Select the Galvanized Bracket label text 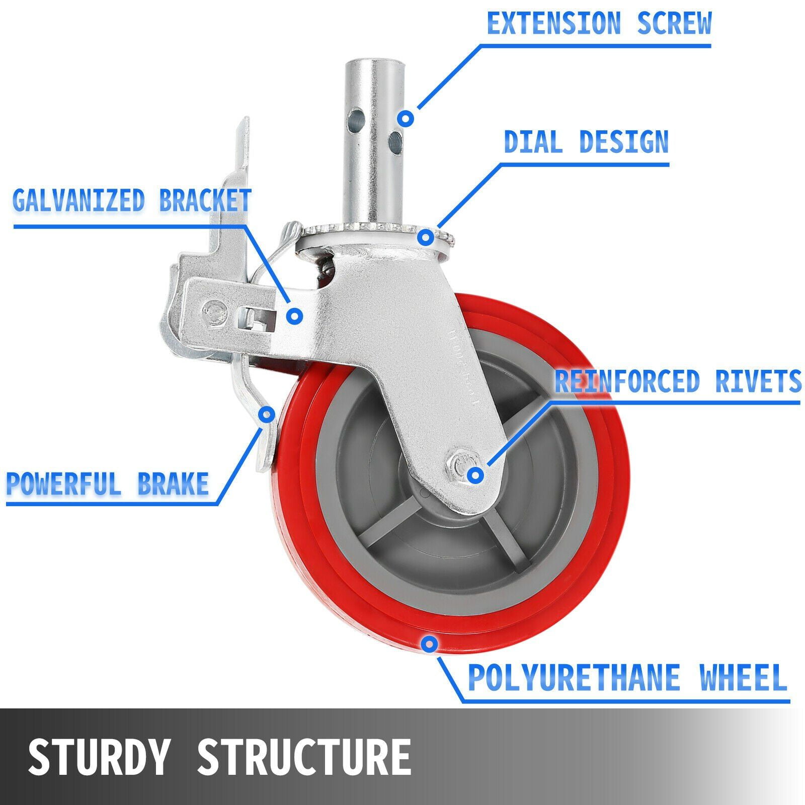(x=132, y=200)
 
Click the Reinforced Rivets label (x=677, y=381)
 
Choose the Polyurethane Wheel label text (x=627, y=677)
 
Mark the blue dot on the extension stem (x=406, y=119)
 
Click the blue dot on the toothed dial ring (x=426, y=236)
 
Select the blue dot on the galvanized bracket (x=294, y=315)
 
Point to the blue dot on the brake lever (x=266, y=415)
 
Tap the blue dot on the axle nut (x=475, y=474)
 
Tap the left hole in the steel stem (x=356, y=119)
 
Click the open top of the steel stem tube (x=375, y=63)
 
